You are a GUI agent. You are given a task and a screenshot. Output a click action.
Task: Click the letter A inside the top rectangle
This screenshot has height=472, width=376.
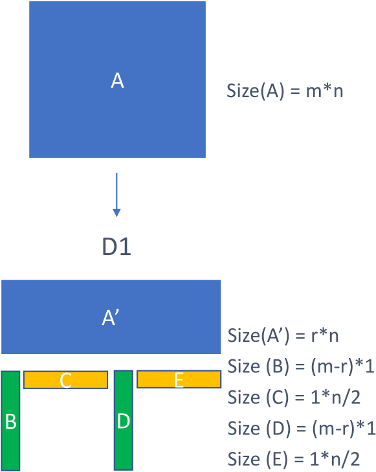(x=117, y=81)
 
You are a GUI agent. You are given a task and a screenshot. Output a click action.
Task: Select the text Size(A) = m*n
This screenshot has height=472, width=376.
(x=285, y=91)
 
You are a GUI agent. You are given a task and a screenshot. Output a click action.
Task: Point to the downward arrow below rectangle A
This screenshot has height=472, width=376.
(x=116, y=194)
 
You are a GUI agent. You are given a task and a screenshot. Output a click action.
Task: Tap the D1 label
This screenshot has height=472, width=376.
(x=116, y=247)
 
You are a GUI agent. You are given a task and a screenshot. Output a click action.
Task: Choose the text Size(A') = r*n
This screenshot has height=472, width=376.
(x=283, y=336)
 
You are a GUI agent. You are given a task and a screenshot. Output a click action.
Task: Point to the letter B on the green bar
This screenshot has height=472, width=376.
(x=11, y=422)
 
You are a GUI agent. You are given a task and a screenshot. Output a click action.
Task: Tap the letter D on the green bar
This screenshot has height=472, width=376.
(x=124, y=421)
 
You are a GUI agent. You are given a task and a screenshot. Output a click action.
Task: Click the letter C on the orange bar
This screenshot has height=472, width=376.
(x=65, y=380)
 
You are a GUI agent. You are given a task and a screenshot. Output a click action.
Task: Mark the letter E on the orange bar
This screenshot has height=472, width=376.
(x=179, y=380)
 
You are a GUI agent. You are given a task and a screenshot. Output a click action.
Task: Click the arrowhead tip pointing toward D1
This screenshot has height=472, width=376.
(x=116, y=215)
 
